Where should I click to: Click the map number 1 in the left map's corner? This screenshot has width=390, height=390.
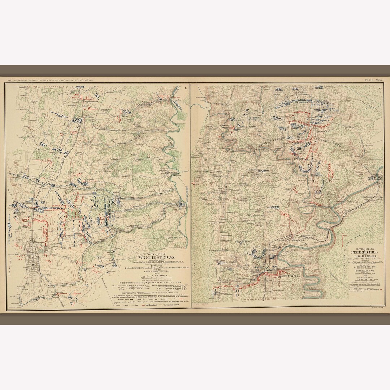pyautogui.click(x=186, y=87)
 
